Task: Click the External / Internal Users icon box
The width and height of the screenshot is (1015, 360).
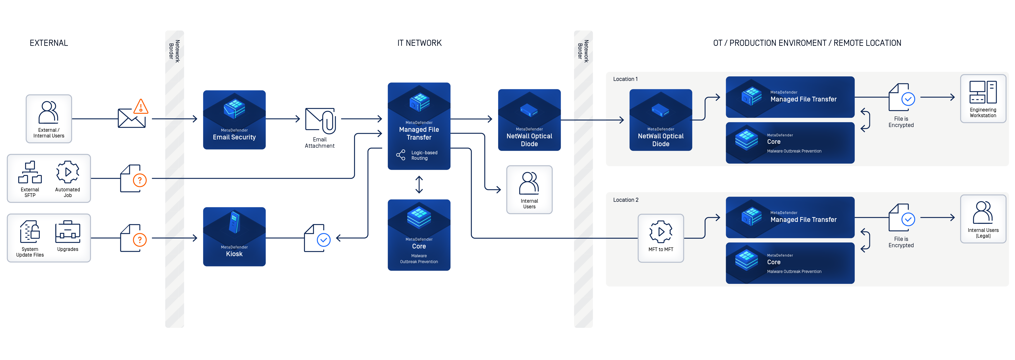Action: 48,118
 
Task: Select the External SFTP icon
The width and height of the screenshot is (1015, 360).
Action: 30,173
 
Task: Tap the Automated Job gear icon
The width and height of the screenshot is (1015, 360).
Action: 68,172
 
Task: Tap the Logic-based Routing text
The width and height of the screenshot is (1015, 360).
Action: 424,155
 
